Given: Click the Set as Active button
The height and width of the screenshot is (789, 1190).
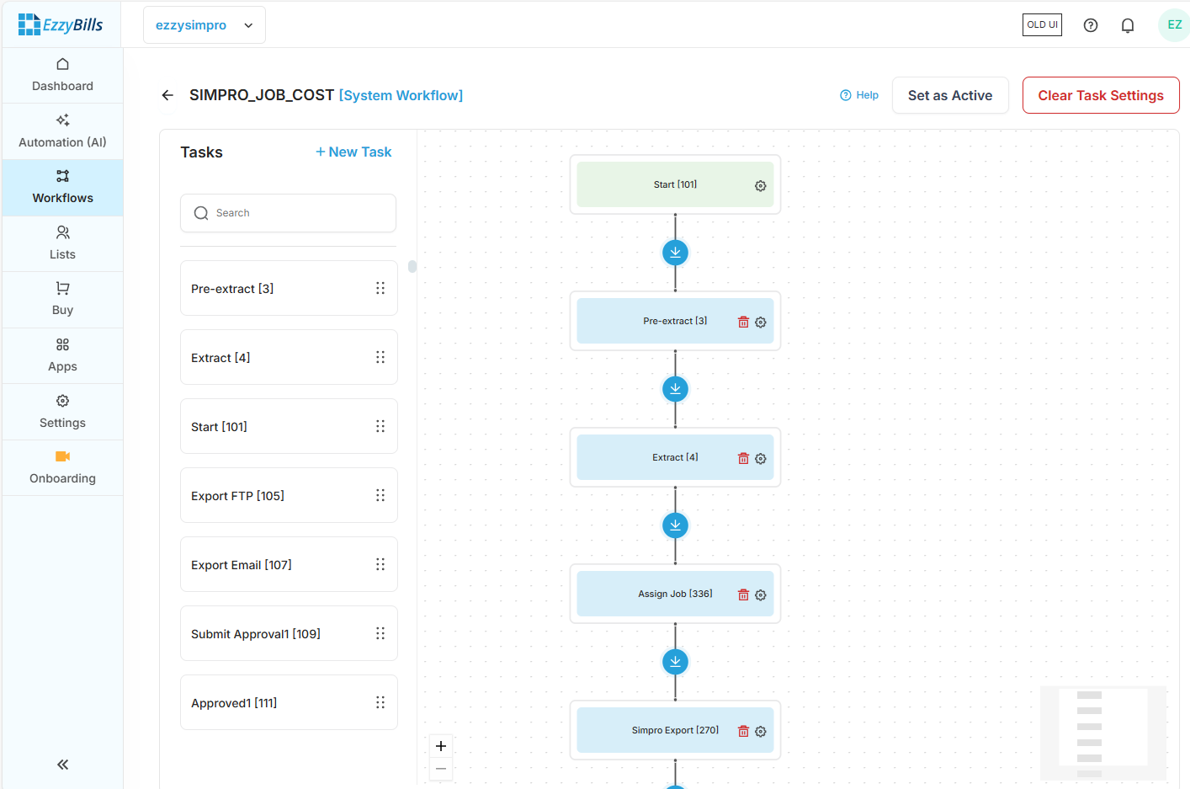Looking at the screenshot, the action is point(950,95).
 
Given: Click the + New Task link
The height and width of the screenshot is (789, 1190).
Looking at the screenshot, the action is point(353,152).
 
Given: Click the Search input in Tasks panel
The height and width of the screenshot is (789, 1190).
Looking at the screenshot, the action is point(288,213).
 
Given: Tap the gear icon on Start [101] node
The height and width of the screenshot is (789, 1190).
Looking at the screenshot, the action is point(760,185).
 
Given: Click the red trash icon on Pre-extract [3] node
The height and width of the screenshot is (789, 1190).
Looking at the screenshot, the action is point(743,322).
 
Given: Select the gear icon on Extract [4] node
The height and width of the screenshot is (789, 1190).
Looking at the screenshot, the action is point(760,458).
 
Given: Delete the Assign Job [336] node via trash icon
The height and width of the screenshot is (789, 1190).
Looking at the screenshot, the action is point(743,594).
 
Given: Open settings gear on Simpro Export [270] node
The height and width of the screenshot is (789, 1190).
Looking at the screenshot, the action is point(760,731).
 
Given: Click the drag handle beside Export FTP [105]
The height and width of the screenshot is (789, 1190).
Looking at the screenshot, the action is point(380,495).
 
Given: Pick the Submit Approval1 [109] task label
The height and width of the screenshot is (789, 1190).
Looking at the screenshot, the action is point(256,634).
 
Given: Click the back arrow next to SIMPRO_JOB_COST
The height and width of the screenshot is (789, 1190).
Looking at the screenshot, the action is point(167,95).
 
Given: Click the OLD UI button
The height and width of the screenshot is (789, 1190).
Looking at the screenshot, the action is point(1042,25).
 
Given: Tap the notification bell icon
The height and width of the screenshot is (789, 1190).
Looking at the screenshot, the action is point(1128,25).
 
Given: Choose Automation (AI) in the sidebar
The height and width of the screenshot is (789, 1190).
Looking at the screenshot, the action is point(62,131).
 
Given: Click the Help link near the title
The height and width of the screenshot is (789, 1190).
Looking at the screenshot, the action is point(859,95).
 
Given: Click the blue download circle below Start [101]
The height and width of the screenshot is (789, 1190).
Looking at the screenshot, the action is point(675,253).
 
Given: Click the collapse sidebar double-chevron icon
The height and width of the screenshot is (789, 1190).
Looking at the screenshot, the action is point(62,765).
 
